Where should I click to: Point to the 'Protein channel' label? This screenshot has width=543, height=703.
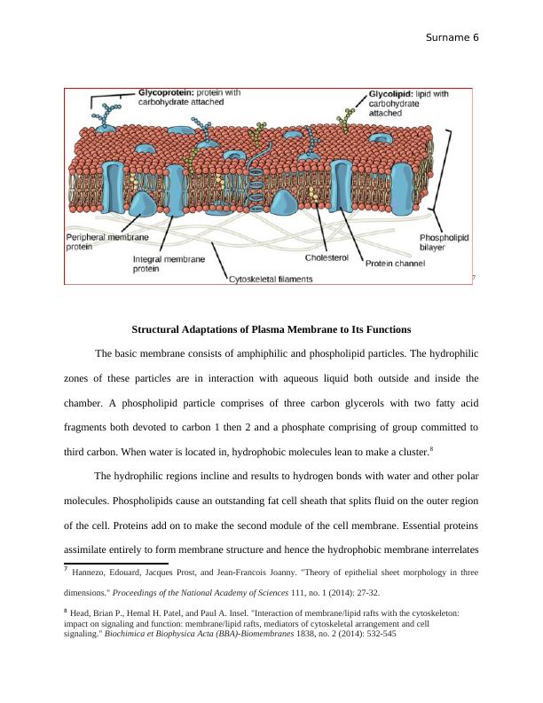396,262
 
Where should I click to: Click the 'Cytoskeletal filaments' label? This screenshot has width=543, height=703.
271,279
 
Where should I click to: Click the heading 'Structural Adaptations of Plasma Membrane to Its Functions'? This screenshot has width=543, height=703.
271,329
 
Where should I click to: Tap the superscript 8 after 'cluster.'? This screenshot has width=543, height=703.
430,448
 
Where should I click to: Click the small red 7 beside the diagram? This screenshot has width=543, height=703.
474,278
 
